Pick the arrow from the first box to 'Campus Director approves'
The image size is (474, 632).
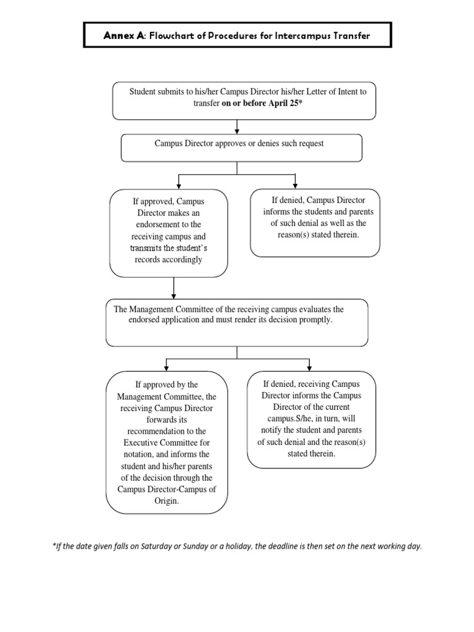[238, 127]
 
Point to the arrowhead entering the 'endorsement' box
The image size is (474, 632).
[178, 185]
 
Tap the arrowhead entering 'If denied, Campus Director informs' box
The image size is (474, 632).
[296, 185]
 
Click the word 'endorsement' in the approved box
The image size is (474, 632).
[168, 225]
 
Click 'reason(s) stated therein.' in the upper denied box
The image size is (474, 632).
[315, 235]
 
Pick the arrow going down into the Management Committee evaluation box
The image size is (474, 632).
[175, 288]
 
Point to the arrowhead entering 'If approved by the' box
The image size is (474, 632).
[166, 367]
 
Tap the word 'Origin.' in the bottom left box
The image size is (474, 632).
[167, 501]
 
